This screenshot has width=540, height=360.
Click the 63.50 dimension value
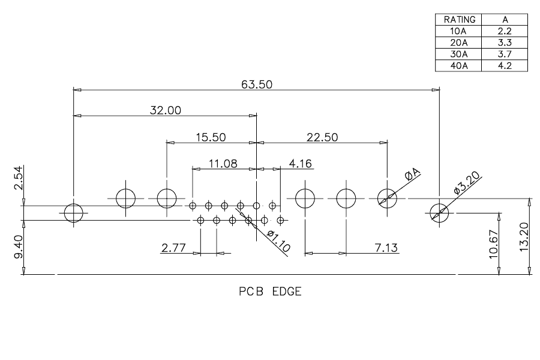257,85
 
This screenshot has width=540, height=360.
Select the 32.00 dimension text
166,110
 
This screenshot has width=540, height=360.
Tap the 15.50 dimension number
211,137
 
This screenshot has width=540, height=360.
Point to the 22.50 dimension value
322,137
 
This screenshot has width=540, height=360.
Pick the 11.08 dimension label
223,163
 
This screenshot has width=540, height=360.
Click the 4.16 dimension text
301,163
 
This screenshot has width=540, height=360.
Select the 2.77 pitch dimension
173,248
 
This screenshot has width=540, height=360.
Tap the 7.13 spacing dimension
386,248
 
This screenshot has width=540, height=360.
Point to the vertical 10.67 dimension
494,244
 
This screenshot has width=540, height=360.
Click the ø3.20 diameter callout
467,183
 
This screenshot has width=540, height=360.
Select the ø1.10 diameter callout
278,241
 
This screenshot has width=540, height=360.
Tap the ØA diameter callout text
413,175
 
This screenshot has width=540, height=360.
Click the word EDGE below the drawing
287,292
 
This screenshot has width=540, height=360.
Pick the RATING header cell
460,20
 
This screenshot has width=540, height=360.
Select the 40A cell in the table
459,66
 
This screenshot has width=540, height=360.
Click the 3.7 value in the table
505,54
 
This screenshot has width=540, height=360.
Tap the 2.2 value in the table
505,31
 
